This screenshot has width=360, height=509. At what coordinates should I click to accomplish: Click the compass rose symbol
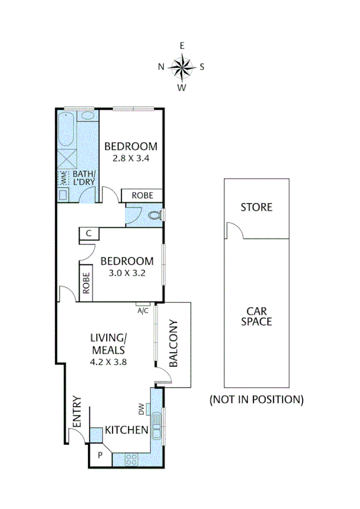[x=181, y=67]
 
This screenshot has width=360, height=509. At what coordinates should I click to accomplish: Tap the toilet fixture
[x=155, y=214]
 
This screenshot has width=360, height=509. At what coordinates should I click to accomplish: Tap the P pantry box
[x=99, y=456]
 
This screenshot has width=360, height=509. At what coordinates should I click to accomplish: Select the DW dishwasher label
[x=142, y=409]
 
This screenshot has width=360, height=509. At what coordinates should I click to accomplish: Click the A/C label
[x=143, y=311]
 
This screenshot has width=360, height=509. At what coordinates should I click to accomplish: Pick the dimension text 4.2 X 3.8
[x=108, y=362]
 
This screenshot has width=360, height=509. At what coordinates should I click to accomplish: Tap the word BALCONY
[x=173, y=344]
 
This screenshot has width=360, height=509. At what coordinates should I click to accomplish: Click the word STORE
[x=256, y=207]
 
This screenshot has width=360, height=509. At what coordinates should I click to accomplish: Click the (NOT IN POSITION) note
[x=256, y=399]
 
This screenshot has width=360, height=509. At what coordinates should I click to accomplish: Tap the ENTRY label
[x=77, y=412]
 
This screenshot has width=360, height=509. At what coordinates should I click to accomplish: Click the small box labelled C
[x=88, y=234]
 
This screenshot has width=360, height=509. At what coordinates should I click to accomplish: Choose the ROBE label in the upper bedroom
[x=142, y=195]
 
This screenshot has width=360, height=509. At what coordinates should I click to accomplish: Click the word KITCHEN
[x=126, y=430]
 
